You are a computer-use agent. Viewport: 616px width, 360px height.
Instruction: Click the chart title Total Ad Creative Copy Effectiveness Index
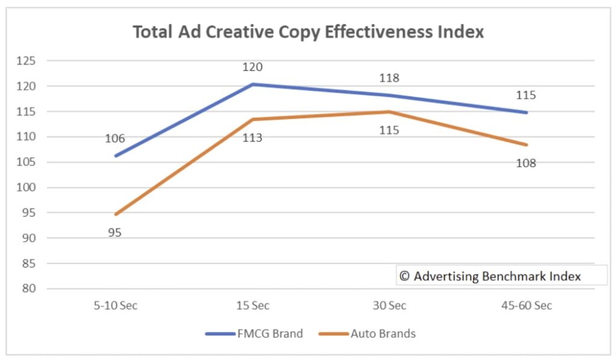tap(308, 32)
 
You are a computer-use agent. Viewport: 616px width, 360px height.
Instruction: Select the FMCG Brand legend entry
tap(254, 334)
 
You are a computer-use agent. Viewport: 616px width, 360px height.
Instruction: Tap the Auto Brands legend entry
tap(368, 334)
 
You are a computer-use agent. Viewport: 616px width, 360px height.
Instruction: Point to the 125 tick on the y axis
tap(25, 61)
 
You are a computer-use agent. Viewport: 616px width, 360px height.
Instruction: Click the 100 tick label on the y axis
tap(25, 187)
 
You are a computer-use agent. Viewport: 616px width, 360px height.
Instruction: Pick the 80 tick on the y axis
tap(29, 288)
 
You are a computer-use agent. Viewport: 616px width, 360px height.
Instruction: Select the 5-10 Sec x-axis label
tap(115, 305)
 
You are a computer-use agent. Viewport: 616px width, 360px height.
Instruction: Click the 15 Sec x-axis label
tap(253, 305)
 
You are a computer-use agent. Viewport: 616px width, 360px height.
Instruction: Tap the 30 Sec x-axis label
tap(389, 305)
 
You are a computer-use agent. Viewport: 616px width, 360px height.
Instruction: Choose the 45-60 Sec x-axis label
tap(526, 305)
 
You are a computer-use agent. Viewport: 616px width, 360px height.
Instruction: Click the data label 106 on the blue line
tap(115, 138)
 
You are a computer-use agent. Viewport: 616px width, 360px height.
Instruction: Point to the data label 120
tap(252, 67)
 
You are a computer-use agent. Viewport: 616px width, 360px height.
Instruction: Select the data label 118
tap(389, 78)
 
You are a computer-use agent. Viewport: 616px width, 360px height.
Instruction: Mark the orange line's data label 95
tap(115, 232)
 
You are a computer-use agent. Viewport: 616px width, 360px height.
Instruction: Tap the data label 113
tap(252, 138)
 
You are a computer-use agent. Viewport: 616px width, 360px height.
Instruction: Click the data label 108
tap(526, 163)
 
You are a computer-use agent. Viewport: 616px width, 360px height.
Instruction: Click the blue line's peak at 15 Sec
tap(253, 84)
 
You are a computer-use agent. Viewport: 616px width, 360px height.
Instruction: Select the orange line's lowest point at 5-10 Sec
tap(115, 214)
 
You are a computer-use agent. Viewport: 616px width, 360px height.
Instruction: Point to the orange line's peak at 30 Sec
tap(389, 111)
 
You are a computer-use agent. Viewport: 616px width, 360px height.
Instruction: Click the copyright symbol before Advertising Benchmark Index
tap(405, 276)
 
